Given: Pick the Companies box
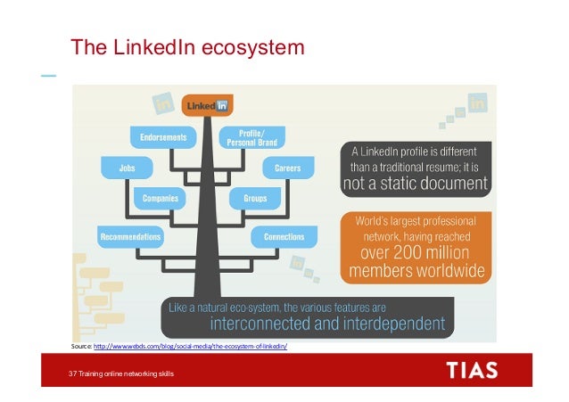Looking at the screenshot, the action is [160, 199].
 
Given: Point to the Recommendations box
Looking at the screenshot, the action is [129, 237].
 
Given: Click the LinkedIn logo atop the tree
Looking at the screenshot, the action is [207, 106].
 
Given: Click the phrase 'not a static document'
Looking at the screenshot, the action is [416, 185].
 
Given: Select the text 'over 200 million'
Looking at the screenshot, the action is [416, 252].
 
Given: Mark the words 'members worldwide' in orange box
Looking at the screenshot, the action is [416, 270].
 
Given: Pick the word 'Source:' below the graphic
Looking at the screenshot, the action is [81, 347].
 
